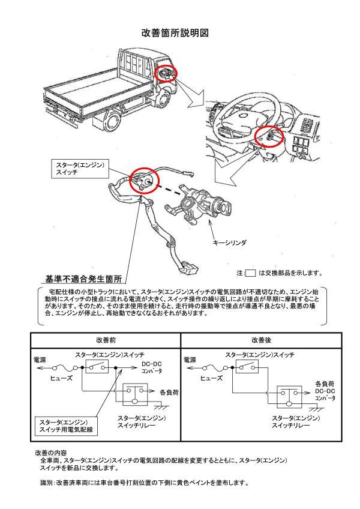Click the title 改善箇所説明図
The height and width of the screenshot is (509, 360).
pyautogui.click(x=179, y=34)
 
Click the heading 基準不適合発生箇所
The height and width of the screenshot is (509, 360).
pyautogui.click(x=84, y=279)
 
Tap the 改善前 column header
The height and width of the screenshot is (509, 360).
pyautogui.click(x=105, y=340)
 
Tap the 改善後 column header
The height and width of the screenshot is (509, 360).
pyautogui.click(x=260, y=340)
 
